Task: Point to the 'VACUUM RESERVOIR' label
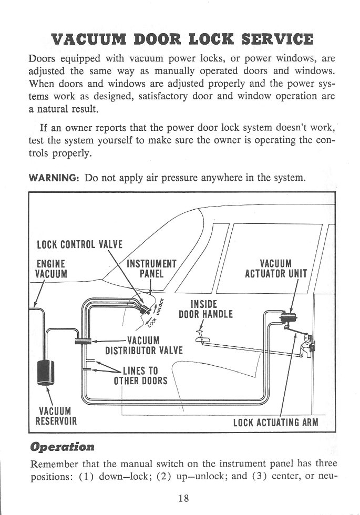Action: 56,416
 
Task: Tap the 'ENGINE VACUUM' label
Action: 51,269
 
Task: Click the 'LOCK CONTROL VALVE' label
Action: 79,244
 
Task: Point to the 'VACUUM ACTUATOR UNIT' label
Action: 278,269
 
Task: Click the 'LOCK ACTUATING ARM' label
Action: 275,422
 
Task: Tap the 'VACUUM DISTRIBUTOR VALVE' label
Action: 143,345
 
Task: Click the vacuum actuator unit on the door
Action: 287,317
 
